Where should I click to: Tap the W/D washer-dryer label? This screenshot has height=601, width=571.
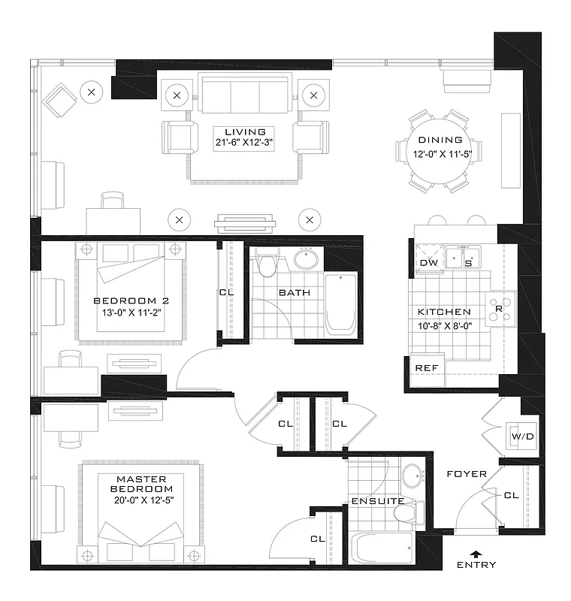521,436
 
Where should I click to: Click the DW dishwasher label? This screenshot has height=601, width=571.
428,262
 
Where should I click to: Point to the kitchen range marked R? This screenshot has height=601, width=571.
499,307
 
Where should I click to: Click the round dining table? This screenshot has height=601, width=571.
435,150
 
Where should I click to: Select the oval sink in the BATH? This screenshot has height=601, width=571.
306,259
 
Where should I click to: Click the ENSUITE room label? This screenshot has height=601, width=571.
378,501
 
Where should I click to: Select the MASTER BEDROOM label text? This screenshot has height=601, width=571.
142,485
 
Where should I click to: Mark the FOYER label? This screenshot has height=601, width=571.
467,474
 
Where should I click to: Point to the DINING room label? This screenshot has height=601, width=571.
440,140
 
